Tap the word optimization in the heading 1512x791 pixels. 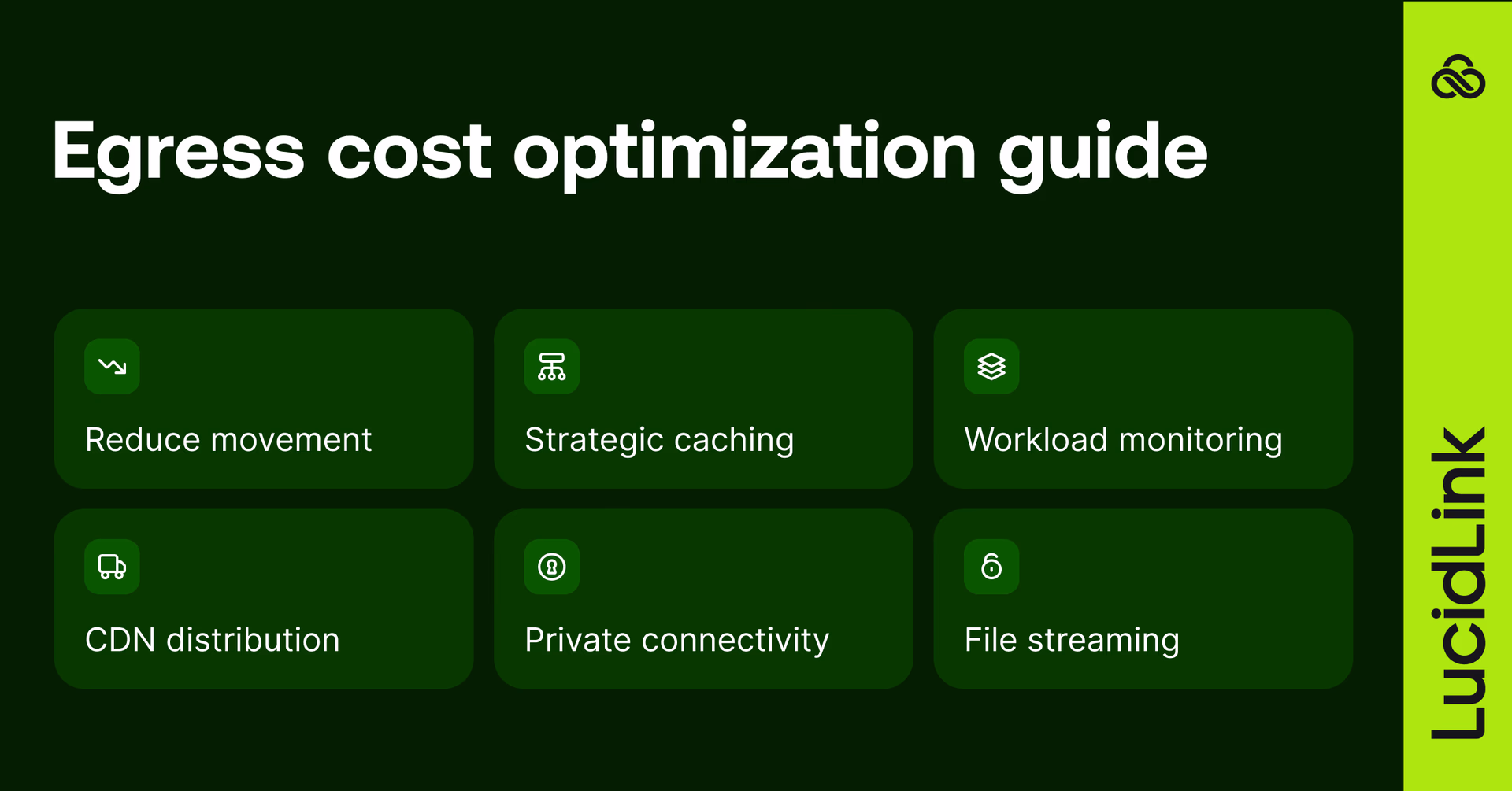[x=745, y=152]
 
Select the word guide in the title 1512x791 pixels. [x=1102, y=152]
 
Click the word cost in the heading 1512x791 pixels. [x=409, y=152]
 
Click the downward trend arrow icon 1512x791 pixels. [x=112, y=367]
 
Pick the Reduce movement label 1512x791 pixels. [x=228, y=440]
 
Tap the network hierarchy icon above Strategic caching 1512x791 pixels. [x=551, y=367]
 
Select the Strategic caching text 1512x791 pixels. [x=659, y=440]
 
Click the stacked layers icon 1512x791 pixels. [x=991, y=367]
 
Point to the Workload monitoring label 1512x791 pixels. [x=1123, y=440]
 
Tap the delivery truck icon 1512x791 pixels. [x=112, y=567]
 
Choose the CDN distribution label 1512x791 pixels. [x=212, y=640]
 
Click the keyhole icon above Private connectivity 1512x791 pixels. [x=551, y=567]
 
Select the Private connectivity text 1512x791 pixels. [x=676, y=640]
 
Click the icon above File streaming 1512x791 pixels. [x=991, y=567]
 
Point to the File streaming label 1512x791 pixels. [x=1072, y=640]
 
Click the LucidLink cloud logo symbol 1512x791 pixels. [x=1458, y=77]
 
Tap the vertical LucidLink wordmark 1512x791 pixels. [x=1458, y=582]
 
